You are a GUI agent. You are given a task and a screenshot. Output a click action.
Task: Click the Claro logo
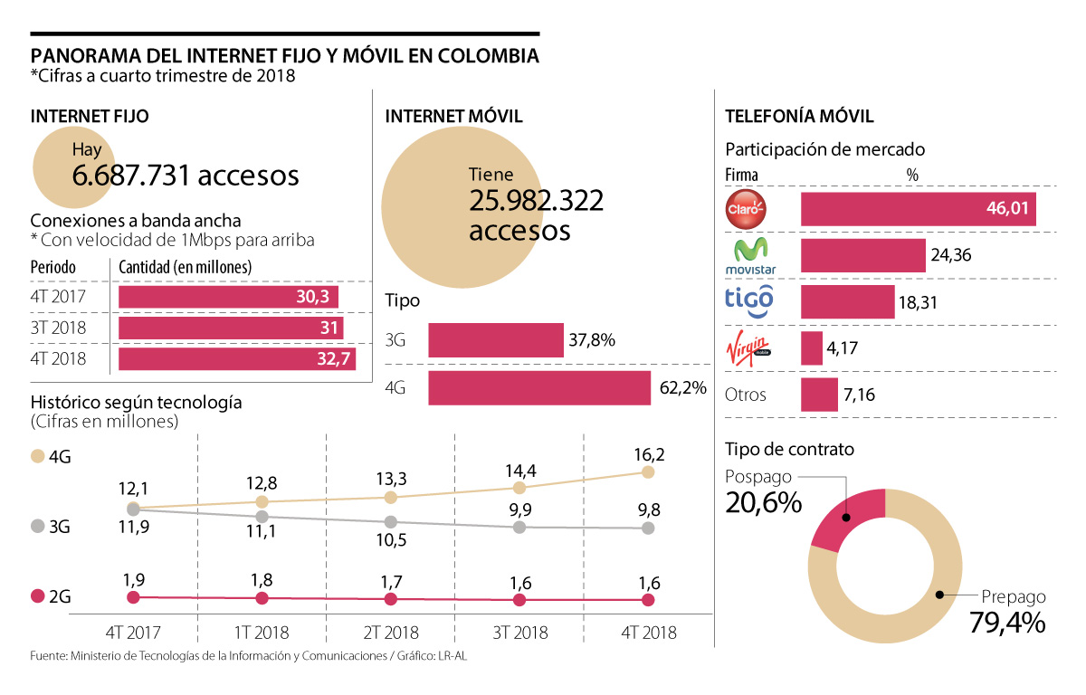click(747, 208)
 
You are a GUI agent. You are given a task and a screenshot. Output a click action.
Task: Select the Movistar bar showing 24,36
click(862, 257)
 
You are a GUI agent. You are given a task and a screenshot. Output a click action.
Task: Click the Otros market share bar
click(819, 395)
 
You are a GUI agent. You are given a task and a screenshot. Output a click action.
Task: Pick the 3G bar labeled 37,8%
click(495, 340)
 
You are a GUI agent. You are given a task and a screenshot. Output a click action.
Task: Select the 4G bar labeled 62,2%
click(539, 387)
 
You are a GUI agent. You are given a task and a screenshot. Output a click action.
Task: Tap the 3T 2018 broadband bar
click(232, 328)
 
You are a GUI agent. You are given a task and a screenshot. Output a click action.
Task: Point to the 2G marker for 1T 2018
click(262, 598)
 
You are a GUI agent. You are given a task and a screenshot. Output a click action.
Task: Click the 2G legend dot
click(38, 596)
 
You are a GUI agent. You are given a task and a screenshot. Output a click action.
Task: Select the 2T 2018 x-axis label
click(390, 633)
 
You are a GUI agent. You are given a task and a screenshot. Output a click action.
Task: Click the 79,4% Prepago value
click(1007, 623)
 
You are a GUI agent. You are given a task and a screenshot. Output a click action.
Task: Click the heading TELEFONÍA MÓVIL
click(799, 117)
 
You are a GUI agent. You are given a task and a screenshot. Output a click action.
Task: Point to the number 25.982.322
click(536, 201)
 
